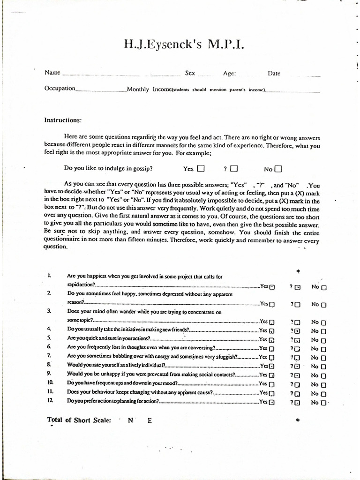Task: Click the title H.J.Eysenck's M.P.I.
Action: point(184,45)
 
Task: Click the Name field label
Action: point(52,73)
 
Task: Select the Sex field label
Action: point(190,73)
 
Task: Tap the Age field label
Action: point(229,73)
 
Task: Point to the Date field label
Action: point(274,73)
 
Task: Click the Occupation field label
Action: point(60,89)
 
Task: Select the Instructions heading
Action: point(63,120)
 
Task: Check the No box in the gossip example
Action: point(278,169)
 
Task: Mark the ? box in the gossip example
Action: point(234,169)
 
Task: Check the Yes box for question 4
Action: point(272,330)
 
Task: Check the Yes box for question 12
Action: point(272,402)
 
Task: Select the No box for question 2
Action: point(324,305)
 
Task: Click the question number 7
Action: point(49,356)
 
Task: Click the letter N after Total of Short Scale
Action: point(130,420)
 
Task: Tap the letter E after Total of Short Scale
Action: point(150,420)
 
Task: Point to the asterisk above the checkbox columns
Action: point(298,271)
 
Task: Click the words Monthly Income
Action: point(148,89)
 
